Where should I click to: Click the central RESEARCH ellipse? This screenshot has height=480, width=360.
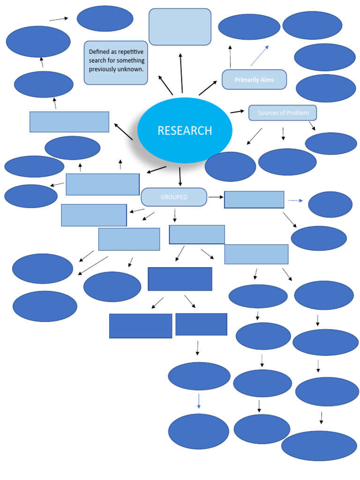coord(185,130)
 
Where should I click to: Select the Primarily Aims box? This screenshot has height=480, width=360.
coord(254,80)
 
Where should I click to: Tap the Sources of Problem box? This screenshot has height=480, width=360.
coord(283,113)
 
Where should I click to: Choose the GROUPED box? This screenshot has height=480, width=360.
coord(174,197)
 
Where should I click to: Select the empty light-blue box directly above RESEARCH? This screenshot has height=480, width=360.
coord(180,27)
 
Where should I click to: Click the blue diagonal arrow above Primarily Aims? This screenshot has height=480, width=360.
coord(259,56)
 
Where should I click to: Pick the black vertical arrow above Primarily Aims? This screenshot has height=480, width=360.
coord(230,57)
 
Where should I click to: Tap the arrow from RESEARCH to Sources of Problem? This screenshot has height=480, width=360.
coord(237,112)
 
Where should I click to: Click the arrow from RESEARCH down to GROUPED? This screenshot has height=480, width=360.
coord(180,177)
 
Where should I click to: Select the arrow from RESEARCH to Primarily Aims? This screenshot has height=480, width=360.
coord(208,88)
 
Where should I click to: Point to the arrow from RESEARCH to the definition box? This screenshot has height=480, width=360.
coord(165,85)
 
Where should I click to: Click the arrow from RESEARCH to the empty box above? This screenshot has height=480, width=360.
coord(181,73)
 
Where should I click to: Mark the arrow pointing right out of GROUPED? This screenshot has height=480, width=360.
coord(215,197)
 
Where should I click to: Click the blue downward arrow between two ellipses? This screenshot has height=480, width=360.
coord(199,402)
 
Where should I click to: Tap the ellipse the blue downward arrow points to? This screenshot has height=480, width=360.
coord(198,431)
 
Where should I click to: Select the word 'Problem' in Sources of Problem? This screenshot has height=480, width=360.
coord(299,113)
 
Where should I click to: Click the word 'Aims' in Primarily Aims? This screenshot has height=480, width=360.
coord(267,80)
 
